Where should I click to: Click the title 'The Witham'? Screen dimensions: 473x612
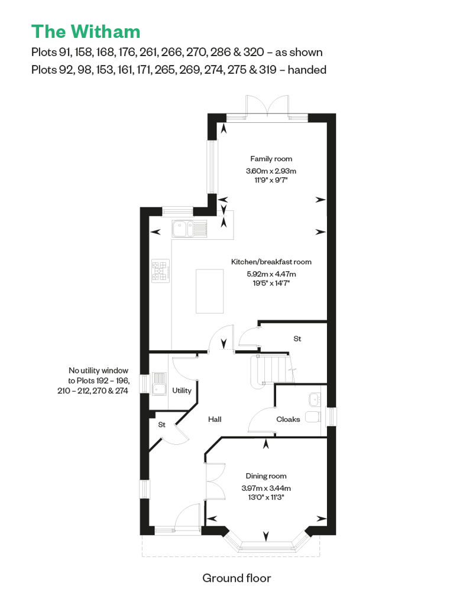pyautogui.click(x=86, y=32)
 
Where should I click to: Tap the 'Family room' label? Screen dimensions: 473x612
pyautogui.click(x=271, y=159)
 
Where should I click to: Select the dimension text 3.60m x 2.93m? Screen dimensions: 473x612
pyautogui.click(x=271, y=171)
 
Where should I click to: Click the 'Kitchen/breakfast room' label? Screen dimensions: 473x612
pyautogui.click(x=271, y=262)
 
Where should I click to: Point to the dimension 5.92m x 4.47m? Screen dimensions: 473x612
pyautogui.click(x=271, y=274)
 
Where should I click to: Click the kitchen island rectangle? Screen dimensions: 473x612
pyautogui.click(x=210, y=291)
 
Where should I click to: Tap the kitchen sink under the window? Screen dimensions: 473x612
pyautogui.click(x=189, y=229)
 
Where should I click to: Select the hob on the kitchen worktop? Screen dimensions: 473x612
pyautogui.click(x=161, y=271)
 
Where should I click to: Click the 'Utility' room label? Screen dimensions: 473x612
pyautogui.click(x=182, y=390)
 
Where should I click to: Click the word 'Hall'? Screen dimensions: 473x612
pyautogui.click(x=215, y=419)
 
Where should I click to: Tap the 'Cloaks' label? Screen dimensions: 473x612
pyautogui.click(x=288, y=419)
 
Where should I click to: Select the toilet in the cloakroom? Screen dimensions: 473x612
pyautogui.click(x=313, y=416)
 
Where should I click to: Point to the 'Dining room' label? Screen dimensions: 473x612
pyautogui.click(x=266, y=476)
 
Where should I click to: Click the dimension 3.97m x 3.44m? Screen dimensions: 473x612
pyautogui.click(x=266, y=488)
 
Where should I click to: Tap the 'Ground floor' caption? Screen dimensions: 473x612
pyautogui.click(x=237, y=578)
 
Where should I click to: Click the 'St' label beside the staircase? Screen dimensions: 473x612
pyautogui.click(x=297, y=339)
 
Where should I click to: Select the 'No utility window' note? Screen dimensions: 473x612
pyautogui.click(x=98, y=370)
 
